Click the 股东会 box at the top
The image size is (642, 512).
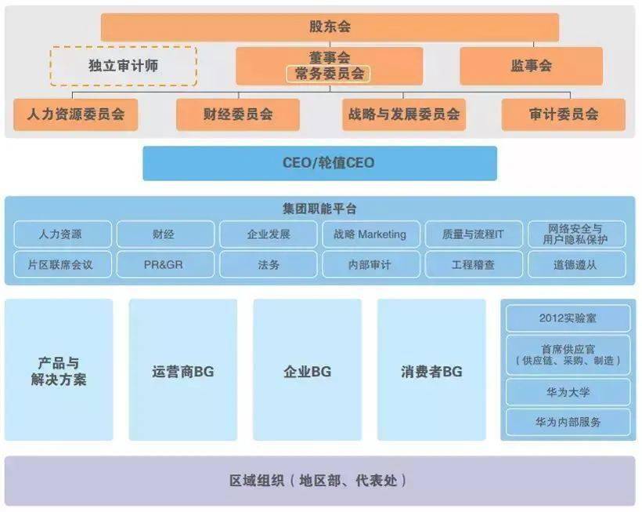(330, 27)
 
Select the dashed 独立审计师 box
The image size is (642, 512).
(123, 66)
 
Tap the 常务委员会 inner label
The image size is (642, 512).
(328, 74)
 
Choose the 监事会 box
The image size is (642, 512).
(531, 66)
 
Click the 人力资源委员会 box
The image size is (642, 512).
(76, 114)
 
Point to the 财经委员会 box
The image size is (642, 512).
(238, 114)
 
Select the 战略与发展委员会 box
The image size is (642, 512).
(404, 114)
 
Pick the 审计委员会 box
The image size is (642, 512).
(564, 114)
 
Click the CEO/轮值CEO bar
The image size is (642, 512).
(319, 163)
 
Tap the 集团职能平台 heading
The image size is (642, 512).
(319, 209)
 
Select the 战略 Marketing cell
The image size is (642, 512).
(371, 234)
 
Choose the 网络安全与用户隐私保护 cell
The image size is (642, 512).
(577, 234)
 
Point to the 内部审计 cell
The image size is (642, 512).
(371, 264)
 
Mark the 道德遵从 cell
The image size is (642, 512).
(577, 264)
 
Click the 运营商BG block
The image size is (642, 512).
(183, 370)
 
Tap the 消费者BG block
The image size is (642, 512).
(431, 370)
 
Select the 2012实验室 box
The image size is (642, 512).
(568, 318)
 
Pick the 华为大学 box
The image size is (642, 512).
(568, 392)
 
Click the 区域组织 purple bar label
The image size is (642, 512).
(318, 481)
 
